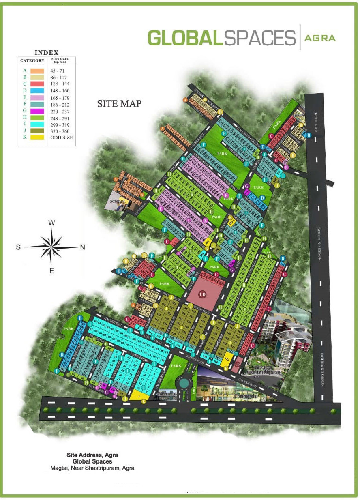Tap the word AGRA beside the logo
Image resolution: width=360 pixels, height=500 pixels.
point(320,38)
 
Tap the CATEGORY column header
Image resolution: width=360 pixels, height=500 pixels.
point(32,61)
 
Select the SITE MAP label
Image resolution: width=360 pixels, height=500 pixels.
point(119,103)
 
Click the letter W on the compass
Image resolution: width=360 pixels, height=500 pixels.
point(51,223)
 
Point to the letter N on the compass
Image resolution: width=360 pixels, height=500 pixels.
point(82,247)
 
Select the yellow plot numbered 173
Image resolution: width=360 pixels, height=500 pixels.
point(227,360)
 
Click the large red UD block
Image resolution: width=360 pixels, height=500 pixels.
point(206,292)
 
